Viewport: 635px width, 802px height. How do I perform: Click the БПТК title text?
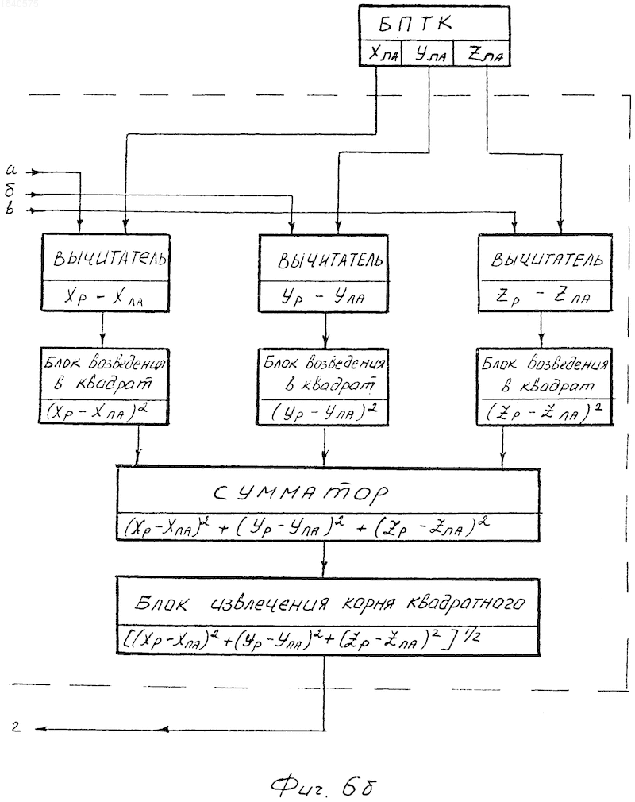tap(415, 24)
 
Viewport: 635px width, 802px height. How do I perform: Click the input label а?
tap(11, 170)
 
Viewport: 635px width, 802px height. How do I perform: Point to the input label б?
tap(11, 191)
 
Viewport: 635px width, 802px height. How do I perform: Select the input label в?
tap(10, 209)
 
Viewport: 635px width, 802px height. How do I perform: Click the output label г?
tap(17, 726)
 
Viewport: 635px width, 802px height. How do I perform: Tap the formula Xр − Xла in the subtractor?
tap(104, 297)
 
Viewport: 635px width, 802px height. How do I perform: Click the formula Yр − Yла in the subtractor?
tap(323, 297)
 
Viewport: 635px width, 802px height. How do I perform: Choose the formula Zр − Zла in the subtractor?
tap(544, 297)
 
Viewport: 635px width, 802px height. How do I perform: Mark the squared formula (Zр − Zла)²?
tap(544, 412)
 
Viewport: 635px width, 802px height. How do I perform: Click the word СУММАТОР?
tap(300, 493)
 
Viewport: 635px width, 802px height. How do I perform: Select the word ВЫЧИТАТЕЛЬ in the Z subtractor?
tap(547, 260)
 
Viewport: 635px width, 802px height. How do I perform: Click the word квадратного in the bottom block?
tap(465, 603)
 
